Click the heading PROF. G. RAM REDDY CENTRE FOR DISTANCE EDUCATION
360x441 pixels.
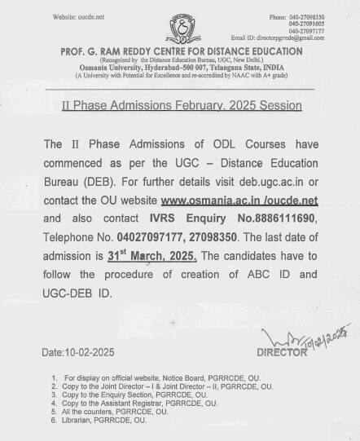tap(179, 51)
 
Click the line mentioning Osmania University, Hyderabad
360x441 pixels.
tap(180, 68)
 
